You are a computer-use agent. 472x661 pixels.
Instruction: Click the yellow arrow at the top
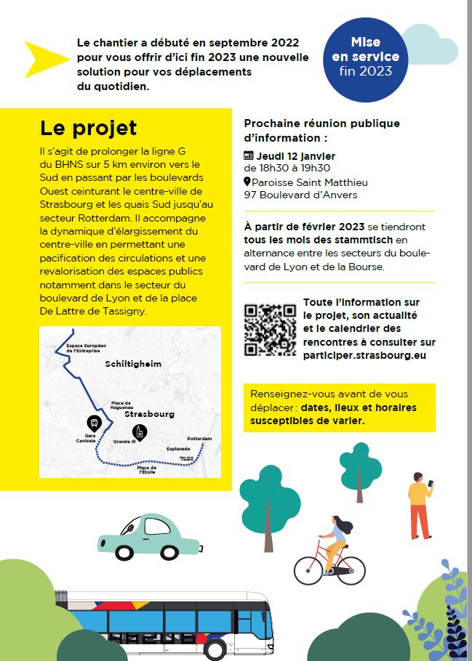click(x=45, y=59)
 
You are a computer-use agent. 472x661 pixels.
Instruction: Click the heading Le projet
click(x=88, y=129)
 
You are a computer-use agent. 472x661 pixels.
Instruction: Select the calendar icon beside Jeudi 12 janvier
click(x=249, y=155)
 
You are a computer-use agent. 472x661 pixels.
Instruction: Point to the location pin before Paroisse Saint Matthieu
click(x=247, y=182)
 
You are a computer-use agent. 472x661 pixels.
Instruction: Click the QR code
click(x=270, y=330)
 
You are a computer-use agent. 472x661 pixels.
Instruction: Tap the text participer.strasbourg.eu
click(x=364, y=355)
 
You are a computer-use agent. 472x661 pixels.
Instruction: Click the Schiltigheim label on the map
click(x=132, y=364)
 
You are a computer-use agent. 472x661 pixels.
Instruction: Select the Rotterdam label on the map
click(x=199, y=439)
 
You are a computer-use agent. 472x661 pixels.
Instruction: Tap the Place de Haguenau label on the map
click(x=121, y=405)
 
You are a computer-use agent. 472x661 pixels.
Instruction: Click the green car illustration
click(x=148, y=538)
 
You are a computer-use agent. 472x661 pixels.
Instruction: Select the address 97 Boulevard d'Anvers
click(x=300, y=195)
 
